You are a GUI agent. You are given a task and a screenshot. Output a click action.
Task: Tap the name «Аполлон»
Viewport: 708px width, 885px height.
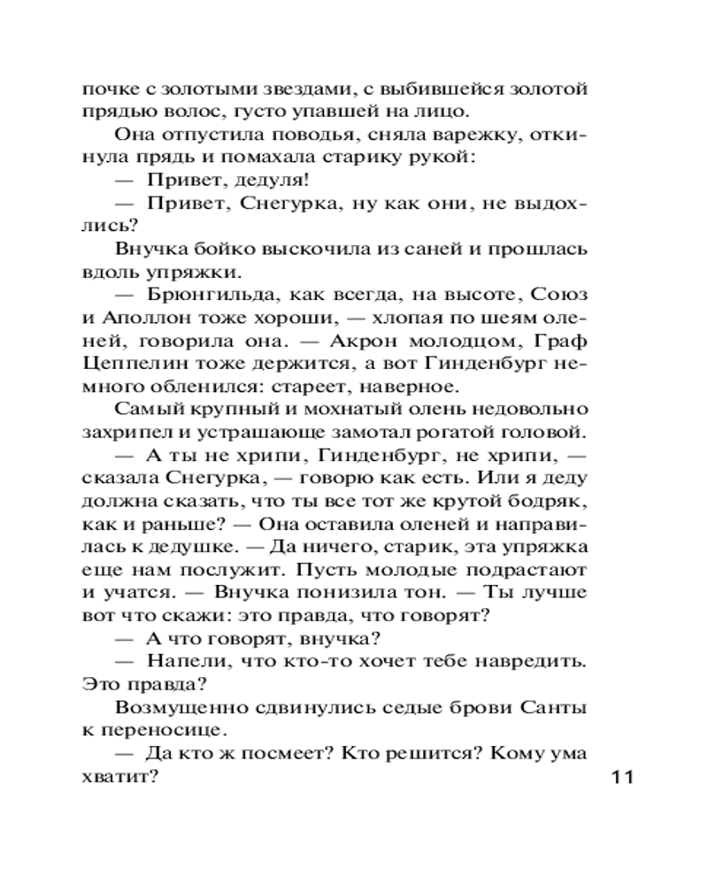click(137, 317)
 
